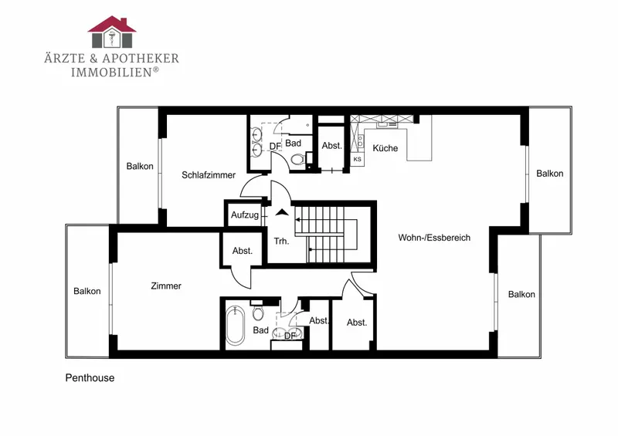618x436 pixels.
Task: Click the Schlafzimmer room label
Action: click(209, 175)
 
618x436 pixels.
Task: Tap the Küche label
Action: click(385, 148)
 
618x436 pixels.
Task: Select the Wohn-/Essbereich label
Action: click(434, 238)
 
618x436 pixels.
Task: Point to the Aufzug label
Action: click(245, 215)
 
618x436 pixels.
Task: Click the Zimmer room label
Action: click(166, 286)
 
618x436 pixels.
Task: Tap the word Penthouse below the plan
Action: click(90, 377)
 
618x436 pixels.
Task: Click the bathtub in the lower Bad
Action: click(235, 326)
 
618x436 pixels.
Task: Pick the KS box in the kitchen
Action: click(357, 159)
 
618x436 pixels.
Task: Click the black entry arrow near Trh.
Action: click(282, 213)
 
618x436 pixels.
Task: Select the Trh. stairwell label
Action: click(281, 241)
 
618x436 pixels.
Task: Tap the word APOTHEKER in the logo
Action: click(141, 59)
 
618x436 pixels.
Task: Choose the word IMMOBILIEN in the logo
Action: click(111, 72)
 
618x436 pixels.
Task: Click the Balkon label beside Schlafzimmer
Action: click(140, 166)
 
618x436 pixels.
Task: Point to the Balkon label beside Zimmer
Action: click(87, 291)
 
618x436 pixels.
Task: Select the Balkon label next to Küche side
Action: click(549, 174)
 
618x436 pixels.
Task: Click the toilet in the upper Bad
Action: click(298, 159)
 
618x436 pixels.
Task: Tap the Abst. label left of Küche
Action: click(332, 146)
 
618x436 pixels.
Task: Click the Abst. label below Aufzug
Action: click(243, 251)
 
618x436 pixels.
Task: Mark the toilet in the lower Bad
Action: click(258, 312)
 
